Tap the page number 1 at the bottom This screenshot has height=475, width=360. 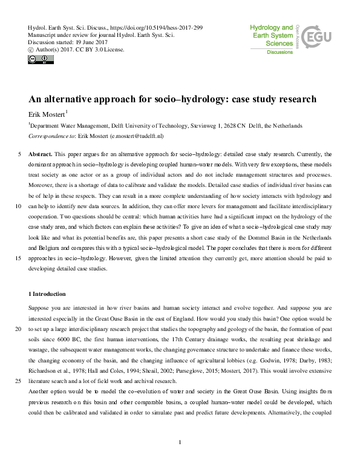180,459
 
